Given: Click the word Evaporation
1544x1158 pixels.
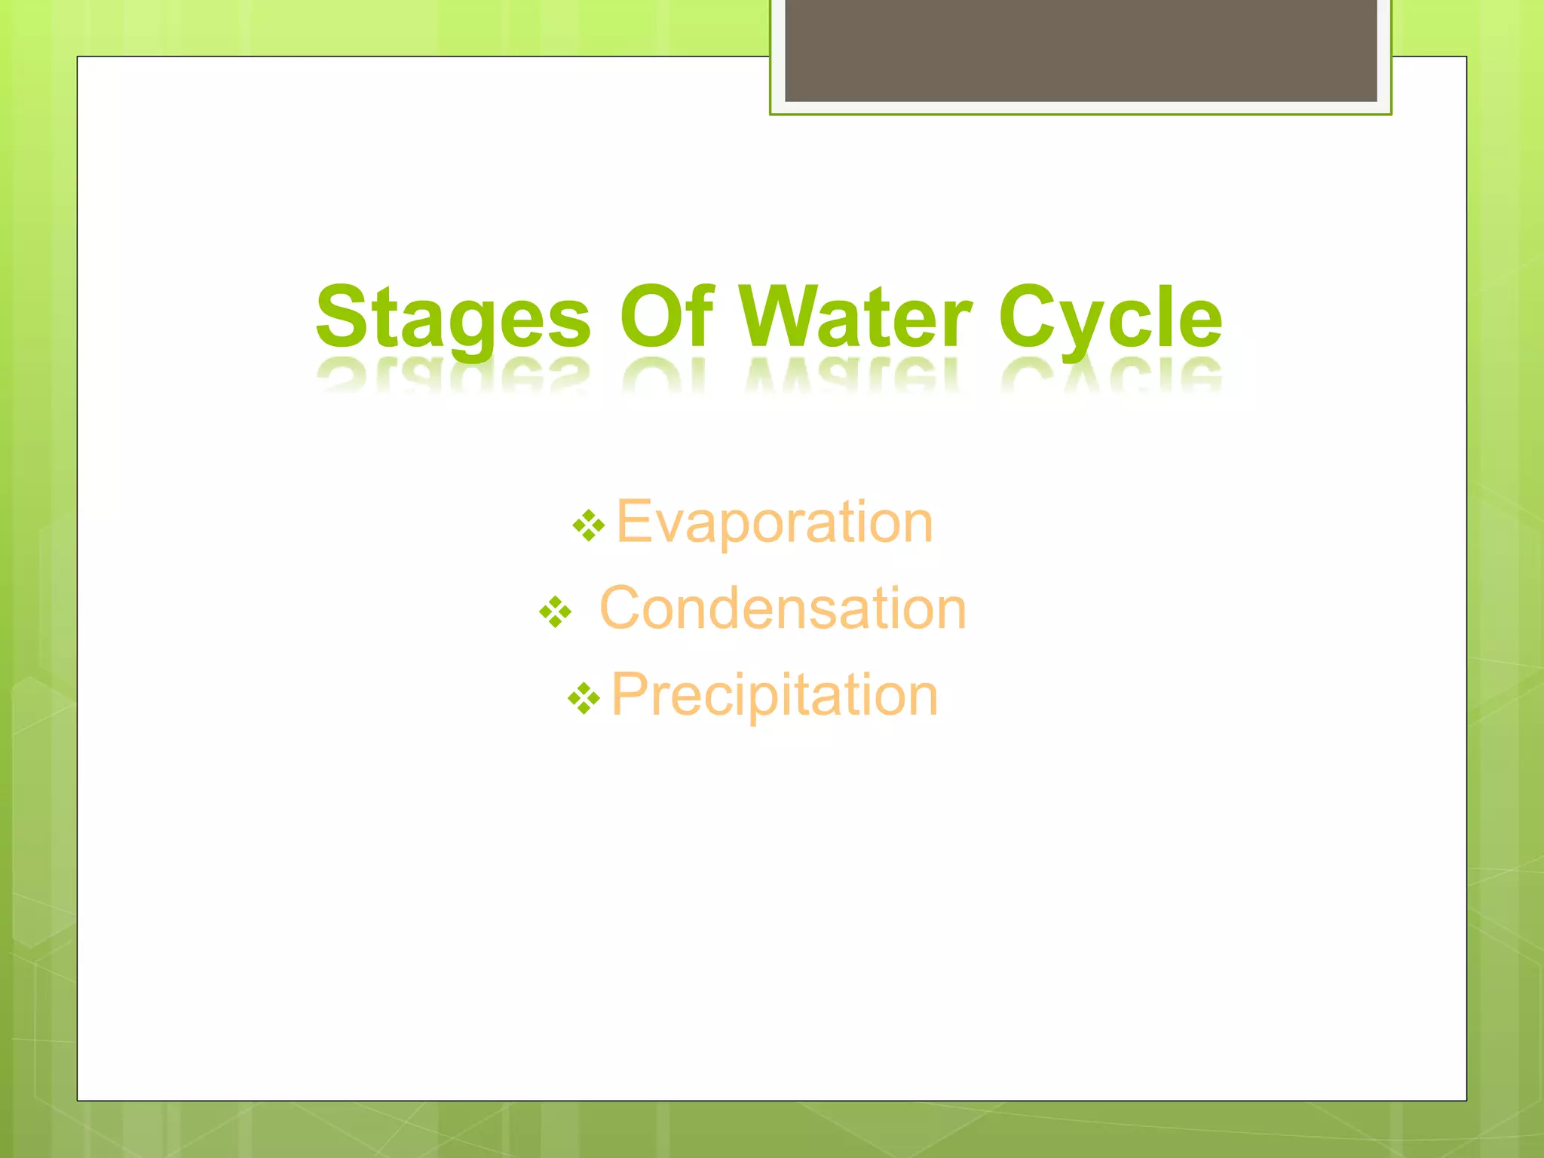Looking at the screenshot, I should (774, 522).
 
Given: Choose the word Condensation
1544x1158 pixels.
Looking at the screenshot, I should (783, 608).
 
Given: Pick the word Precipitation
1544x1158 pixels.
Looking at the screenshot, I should (774, 694).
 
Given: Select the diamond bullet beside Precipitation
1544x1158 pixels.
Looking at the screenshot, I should (584, 698).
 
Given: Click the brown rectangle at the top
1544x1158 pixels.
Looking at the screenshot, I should (1080, 50).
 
